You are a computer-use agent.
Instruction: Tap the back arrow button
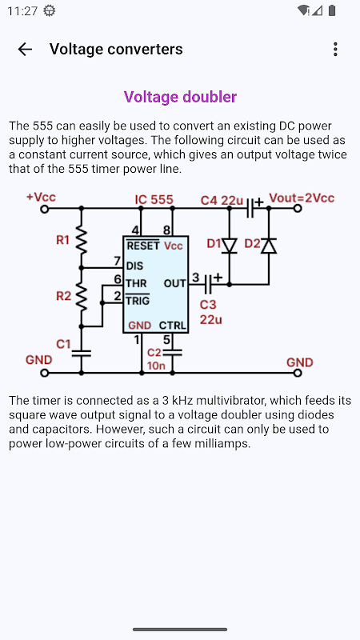[x=25, y=50]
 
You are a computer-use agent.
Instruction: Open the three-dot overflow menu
[x=335, y=50]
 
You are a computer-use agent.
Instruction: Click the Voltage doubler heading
[x=180, y=97]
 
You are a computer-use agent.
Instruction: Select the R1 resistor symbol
[x=82, y=241]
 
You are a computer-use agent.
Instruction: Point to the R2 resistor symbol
[x=82, y=297]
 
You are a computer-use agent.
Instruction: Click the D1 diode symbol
[x=229, y=246]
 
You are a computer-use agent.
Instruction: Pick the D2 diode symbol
[x=269, y=246]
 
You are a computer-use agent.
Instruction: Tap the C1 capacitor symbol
[x=82, y=353]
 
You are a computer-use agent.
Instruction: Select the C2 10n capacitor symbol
[x=172, y=353]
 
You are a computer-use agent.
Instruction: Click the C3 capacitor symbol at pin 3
[x=207, y=283]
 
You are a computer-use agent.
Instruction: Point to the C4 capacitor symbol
[x=250, y=208]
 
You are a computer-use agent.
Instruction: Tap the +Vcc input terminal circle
[x=45, y=209]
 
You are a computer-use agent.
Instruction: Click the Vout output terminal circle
[x=298, y=209]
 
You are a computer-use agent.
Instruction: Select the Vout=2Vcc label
[x=302, y=198]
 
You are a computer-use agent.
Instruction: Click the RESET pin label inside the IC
[x=143, y=246]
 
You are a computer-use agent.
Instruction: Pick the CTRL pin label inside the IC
[x=173, y=326]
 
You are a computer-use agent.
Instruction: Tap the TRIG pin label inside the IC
[x=138, y=301]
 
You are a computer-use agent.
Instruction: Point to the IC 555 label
[x=154, y=199]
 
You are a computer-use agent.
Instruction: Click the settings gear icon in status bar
[x=50, y=11]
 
